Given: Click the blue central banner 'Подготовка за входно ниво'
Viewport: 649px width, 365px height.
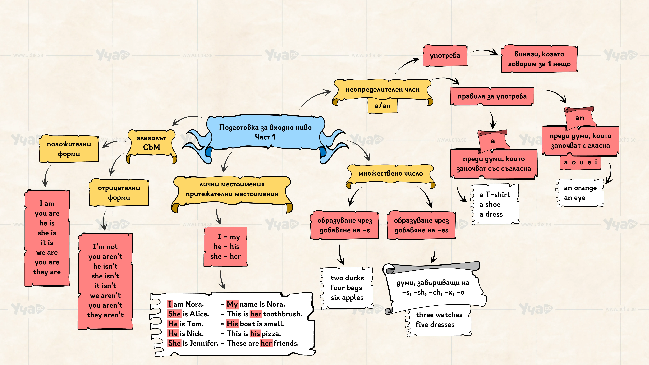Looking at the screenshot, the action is [265, 132].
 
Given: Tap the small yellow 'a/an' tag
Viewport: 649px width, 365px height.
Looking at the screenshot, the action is [382, 106].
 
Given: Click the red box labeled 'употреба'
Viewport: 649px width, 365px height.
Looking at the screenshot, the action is [445, 55].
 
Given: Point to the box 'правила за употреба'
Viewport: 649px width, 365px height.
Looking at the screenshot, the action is [492, 96].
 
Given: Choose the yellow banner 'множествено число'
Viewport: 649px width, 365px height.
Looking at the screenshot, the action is [391, 174].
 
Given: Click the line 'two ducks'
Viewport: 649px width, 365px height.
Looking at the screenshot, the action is [347, 278].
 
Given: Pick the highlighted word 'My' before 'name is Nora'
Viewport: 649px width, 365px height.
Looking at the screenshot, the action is [232, 304].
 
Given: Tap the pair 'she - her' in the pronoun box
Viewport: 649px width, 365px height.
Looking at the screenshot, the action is [225, 256].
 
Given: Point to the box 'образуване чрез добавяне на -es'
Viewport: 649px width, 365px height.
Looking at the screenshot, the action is [421, 225].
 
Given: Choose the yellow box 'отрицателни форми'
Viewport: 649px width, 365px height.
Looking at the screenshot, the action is [119, 193].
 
